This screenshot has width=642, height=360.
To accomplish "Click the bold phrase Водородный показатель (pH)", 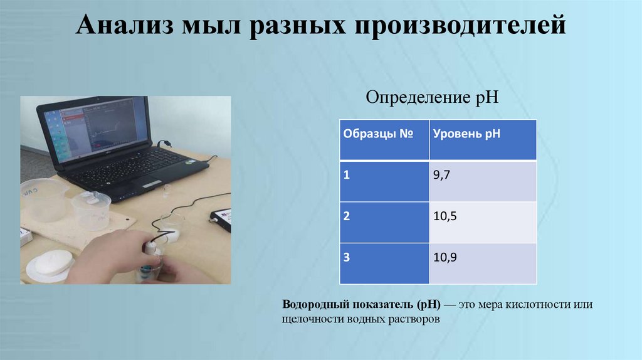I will [x=361, y=305].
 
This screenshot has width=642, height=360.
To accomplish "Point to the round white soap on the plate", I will [x=53, y=262].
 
